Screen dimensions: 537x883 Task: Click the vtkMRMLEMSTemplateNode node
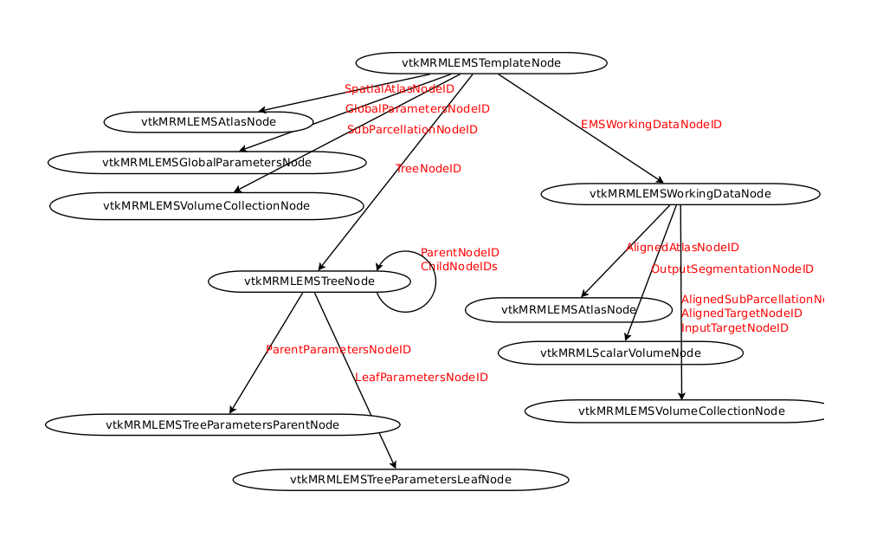point(481,63)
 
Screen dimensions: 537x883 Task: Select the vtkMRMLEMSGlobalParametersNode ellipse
point(207,162)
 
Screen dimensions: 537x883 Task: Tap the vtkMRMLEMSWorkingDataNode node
point(680,193)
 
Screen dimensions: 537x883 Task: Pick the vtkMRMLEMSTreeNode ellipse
point(309,281)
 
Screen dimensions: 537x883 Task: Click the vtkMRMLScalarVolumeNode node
point(621,353)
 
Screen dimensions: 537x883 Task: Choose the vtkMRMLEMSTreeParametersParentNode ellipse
point(222,424)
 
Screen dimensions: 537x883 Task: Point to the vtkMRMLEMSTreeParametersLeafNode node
point(401,479)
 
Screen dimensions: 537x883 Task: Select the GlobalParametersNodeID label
point(417,109)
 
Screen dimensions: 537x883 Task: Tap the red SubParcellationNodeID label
point(412,130)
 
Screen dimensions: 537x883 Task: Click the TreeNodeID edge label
point(428,169)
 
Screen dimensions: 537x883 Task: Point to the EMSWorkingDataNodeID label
point(651,125)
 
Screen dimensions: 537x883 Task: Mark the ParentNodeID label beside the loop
point(460,253)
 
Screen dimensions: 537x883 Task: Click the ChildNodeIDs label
point(459,267)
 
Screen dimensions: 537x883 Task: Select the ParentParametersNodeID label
point(338,350)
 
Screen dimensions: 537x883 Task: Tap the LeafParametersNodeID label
point(422,378)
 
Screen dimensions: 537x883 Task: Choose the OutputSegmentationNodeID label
point(732,269)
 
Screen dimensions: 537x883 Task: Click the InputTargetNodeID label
point(735,328)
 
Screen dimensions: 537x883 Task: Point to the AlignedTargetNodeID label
point(742,314)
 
